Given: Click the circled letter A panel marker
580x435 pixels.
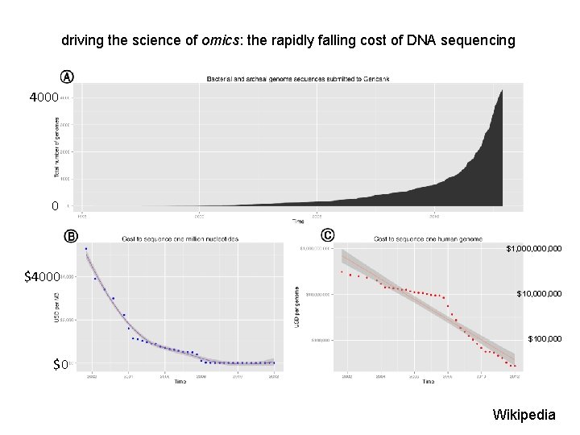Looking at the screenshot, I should [x=68, y=77].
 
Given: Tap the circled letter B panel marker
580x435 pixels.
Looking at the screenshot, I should [x=71, y=236].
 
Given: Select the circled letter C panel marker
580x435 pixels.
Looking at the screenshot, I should [x=327, y=235].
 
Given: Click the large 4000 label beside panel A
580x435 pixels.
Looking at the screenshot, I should [x=43, y=97].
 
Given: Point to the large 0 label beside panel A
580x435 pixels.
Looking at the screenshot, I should [x=54, y=206].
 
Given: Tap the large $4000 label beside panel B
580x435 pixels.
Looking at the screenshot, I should [x=42, y=277].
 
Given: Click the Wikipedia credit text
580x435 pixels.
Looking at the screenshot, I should [x=524, y=415].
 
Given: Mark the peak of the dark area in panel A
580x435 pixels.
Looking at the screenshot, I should [x=503, y=90].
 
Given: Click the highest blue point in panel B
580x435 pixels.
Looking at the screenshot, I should [x=86, y=249].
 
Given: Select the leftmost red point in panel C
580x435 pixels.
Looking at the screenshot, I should [x=342, y=271].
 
